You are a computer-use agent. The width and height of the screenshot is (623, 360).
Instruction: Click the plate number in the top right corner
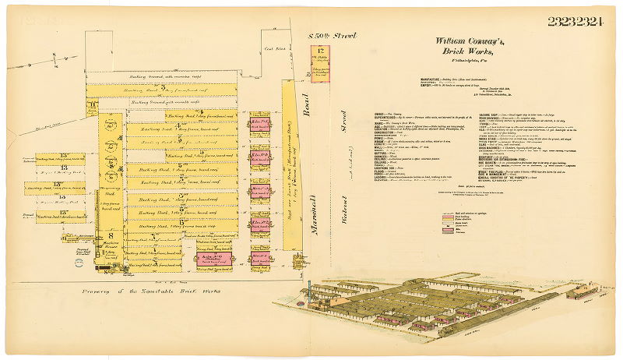(575, 21)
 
